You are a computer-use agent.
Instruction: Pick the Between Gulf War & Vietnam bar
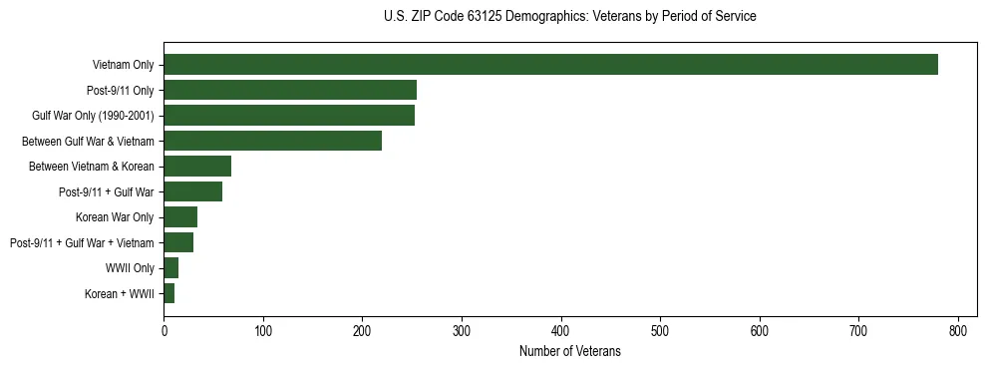(272, 141)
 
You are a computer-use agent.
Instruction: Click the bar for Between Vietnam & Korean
(197, 167)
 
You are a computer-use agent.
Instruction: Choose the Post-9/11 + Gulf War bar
(192, 191)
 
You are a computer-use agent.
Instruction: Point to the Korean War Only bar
(180, 217)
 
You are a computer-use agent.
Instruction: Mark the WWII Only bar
(170, 268)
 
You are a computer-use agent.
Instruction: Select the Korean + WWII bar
(168, 293)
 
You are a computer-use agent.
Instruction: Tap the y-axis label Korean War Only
(115, 217)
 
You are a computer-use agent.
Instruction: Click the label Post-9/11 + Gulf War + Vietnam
(82, 242)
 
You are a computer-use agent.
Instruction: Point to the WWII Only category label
(130, 268)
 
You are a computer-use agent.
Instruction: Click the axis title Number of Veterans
(569, 351)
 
